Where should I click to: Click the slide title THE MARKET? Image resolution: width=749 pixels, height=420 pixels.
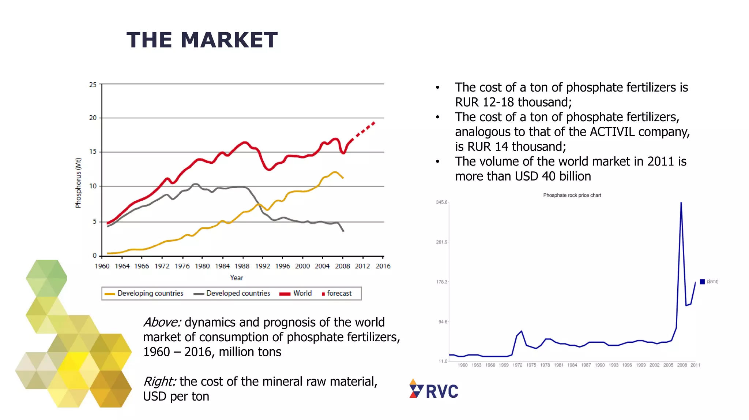tap(202, 40)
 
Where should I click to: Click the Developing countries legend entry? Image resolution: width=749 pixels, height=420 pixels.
tap(144, 293)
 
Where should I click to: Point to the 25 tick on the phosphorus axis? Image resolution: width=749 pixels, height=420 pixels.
tap(93, 85)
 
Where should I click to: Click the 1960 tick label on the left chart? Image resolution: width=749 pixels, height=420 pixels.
tap(102, 266)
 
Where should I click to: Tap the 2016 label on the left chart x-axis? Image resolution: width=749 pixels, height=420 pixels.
tap(383, 266)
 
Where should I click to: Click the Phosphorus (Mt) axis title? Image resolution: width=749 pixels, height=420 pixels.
tap(78, 183)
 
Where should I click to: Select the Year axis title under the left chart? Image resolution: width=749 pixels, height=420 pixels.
tap(236, 278)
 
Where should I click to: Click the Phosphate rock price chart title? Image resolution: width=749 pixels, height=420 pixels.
tap(572, 195)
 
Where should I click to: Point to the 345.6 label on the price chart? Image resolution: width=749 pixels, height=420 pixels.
tap(441, 202)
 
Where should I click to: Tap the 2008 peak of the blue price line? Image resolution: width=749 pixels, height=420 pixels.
tap(681, 203)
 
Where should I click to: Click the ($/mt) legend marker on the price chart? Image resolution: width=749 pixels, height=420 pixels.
tap(702, 282)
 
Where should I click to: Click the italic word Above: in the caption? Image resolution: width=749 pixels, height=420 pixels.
tap(162, 322)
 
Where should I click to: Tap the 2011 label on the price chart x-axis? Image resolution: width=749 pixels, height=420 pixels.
tap(695, 365)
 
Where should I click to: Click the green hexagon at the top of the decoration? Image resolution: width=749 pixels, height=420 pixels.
tap(46, 278)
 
